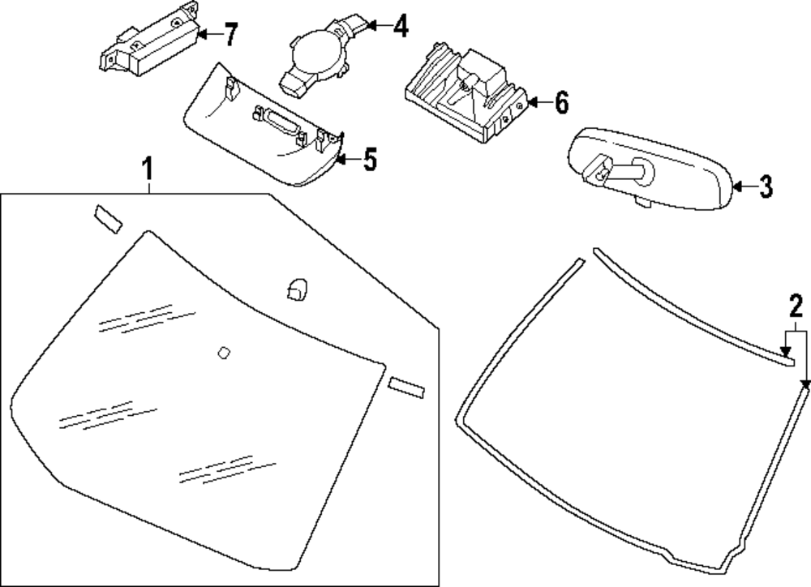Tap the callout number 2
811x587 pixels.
click(x=796, y=306)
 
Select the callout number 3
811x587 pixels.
click(x=766, y=187)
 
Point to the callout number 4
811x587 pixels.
click(x=400, y=27)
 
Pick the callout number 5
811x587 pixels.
click(x=370, y=160)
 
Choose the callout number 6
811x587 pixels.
click(x=560, y=103)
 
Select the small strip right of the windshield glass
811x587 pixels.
click(x=407, y=387)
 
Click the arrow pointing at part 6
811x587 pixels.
click(x=537, y=103)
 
